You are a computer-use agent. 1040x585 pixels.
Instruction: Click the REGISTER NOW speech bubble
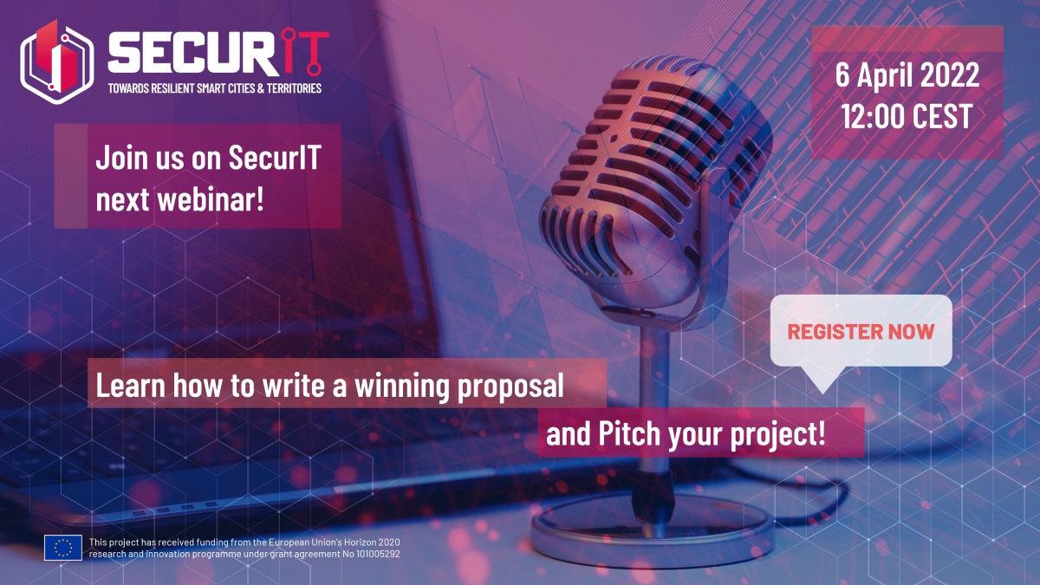(861, 330)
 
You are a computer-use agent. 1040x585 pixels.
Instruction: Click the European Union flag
(63, 548)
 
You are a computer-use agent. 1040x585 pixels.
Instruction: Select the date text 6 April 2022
(907, 75)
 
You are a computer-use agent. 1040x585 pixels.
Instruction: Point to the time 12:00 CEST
(907, 116)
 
